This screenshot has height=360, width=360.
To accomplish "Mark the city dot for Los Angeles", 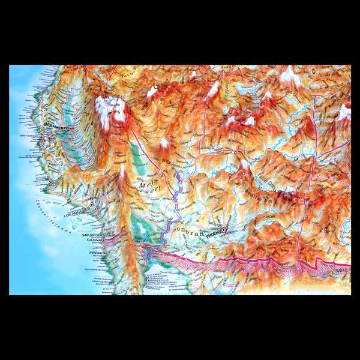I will tap(91, 205).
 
